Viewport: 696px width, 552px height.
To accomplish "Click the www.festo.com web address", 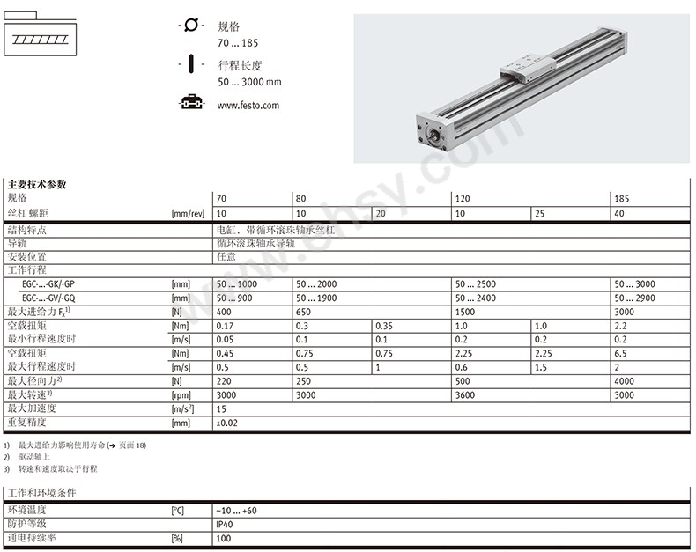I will tap(248, 106).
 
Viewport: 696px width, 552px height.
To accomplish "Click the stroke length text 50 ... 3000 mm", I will tap(249, 82).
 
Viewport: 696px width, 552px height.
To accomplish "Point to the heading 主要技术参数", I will tap(37, 185).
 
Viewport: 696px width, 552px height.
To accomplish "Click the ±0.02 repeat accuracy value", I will tap(228, 423).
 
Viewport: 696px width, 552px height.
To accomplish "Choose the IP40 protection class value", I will tap(226, 524).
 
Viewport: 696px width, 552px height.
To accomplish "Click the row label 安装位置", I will tap(25, 256).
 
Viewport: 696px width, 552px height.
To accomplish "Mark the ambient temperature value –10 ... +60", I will tap(236, 511).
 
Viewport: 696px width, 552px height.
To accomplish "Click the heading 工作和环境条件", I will tap(42, 493).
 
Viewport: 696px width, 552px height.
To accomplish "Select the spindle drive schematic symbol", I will tap(41, 36).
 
